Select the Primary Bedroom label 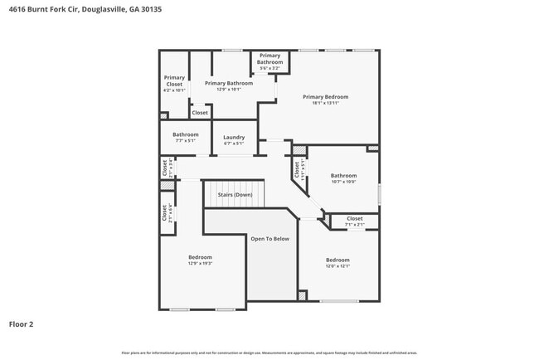(325, 97)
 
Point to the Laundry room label (234, 137)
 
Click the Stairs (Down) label (235, 195)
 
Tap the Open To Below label (269, 239)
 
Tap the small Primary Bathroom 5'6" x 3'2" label (269, 59)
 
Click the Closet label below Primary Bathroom (200, 113)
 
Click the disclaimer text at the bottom (269, 353)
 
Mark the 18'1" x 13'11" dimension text (325, 103)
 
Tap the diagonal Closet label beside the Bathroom (296, 169)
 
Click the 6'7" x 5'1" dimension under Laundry (234, 143)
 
